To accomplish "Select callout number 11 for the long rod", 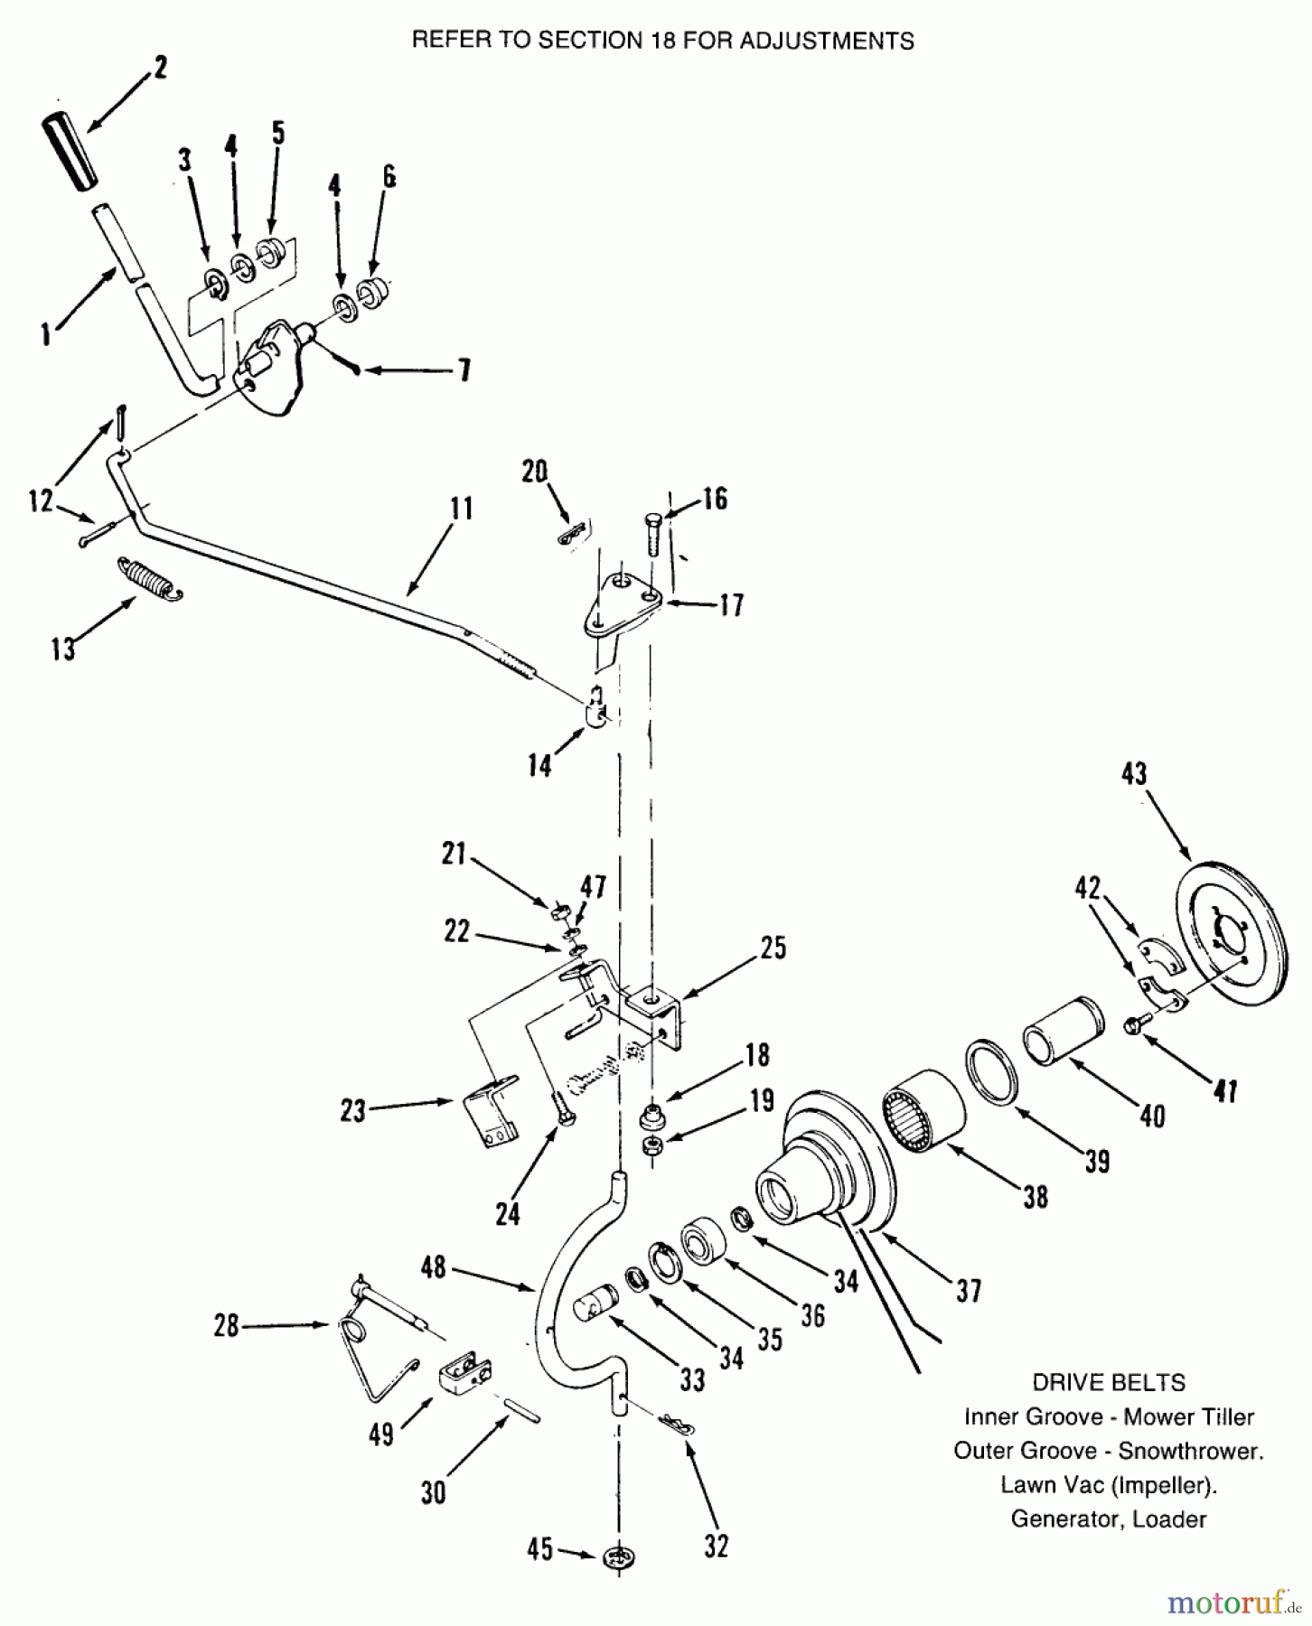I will pos(461,509).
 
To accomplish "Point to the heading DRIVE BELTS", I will pos(1108,1382).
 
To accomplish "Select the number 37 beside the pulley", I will pos(968,1292).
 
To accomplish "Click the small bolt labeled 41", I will pos(1135,1024).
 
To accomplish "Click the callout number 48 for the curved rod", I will pos(434,1267).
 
